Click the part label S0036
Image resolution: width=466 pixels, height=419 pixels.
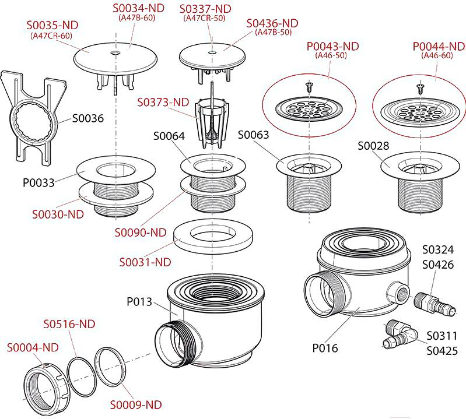pos(87,118)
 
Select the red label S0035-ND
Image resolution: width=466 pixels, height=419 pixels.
pos(52,26)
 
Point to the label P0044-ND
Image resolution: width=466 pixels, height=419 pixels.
pos(436,46)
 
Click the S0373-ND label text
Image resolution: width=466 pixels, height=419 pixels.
pos(163,102)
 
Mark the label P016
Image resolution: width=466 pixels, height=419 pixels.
pos(325,348)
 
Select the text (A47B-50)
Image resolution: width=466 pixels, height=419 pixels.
pos(273,33)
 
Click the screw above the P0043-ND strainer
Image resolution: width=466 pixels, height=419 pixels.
pos(309,88)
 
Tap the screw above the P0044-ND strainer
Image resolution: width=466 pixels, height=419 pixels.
pos(419,88)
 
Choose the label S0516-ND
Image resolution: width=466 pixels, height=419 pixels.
pos(69,324)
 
